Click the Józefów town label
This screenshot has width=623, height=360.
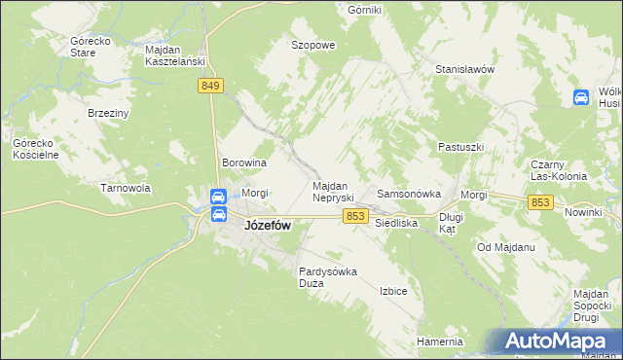tap(266, 225)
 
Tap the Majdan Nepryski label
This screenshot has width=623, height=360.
tap(337, 191)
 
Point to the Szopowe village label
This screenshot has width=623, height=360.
tap(313, 45)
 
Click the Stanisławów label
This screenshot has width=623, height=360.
tap(465, 70)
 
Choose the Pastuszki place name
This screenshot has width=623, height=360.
tap(460, 147)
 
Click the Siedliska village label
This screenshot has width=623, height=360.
tap(396, 223)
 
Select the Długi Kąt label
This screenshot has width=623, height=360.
tap(450, 223)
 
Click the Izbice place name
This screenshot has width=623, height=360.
tap(393, 291)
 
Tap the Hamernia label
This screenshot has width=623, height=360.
tap(439, 342)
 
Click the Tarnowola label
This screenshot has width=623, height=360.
tap(125, 188)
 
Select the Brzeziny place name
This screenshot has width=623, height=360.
tap(108, 113)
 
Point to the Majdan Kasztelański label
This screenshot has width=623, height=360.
tap(173, 54)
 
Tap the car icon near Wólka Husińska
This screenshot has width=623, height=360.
tap(580, 97)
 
